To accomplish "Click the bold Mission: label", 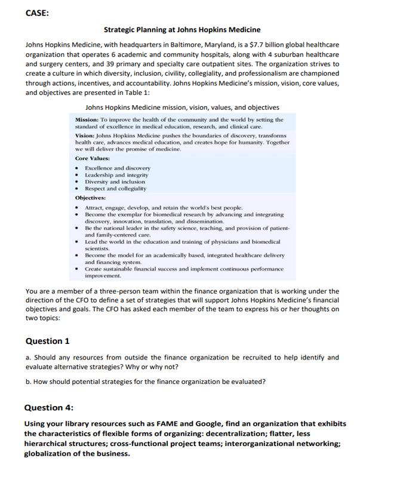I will [x=87, y=119].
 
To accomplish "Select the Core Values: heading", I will [x=92, y=158].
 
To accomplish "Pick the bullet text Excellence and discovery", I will [x=118, y=168].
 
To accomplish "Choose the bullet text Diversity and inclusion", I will [x=115, y=182].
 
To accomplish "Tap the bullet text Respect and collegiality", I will [x=115, y=189].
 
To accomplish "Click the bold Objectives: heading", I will [x=90, y=198].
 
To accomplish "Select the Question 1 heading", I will [x=47, y=341].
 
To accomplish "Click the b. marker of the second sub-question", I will [x=29, y=382].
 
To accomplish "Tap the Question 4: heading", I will [x=48, y=408].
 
